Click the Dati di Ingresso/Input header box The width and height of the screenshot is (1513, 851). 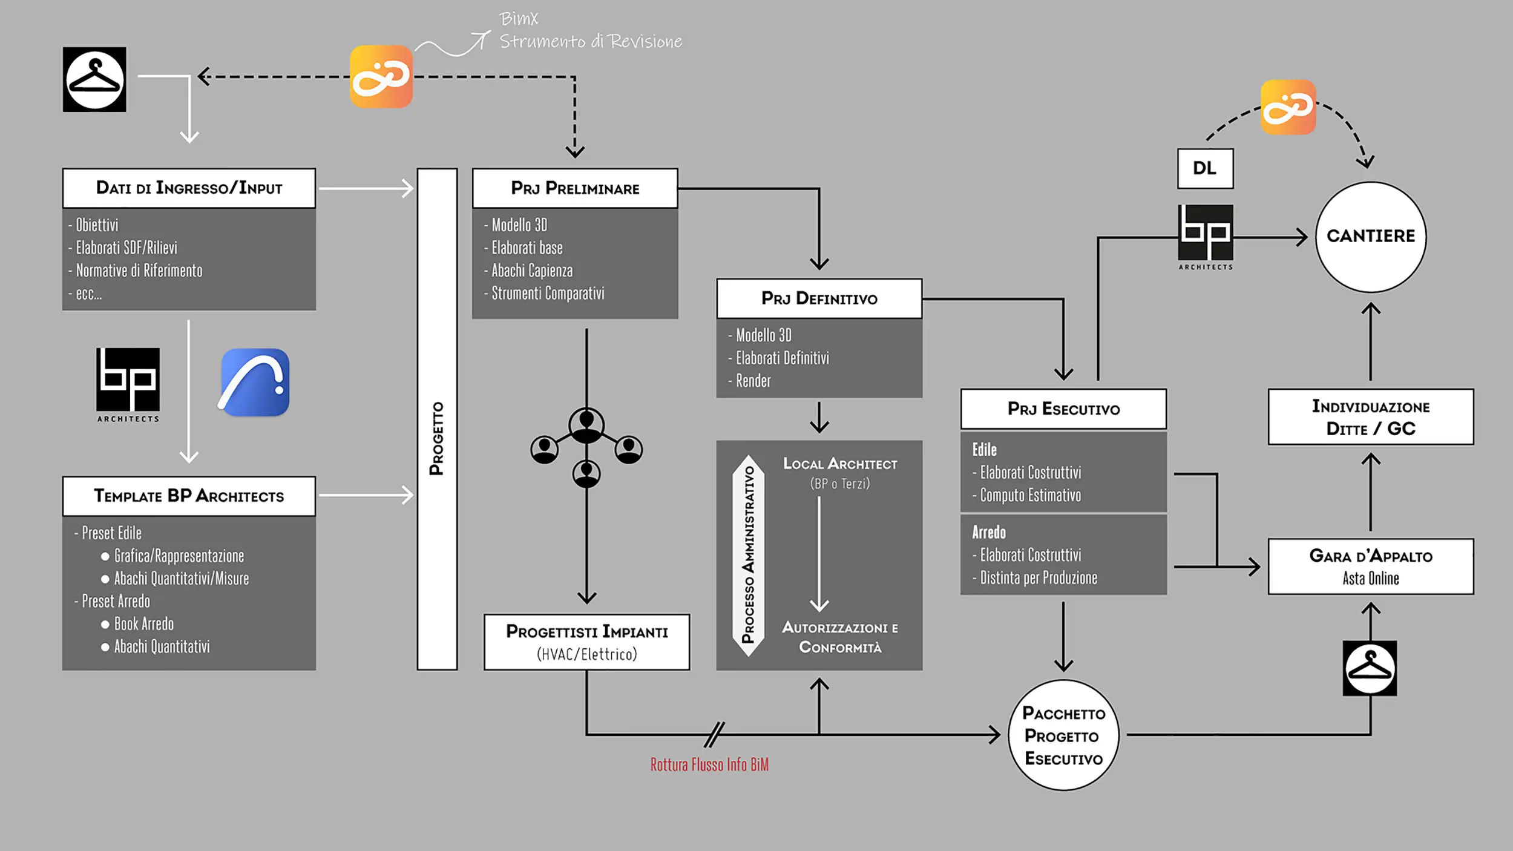[x=189, y=188]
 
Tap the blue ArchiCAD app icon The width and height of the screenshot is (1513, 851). [x=255, y=382]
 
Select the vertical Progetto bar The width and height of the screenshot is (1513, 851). [x=437, y=419]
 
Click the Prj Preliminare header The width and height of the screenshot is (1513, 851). [x=575, y=188]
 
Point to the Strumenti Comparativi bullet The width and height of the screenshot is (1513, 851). [x=547, y=294]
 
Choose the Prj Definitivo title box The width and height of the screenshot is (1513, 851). [x=819, y=298]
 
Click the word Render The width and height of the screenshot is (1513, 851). [x=753, y=381]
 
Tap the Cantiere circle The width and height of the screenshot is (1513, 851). [x=1371, y=237]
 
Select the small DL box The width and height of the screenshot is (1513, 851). [x=1205, y=168]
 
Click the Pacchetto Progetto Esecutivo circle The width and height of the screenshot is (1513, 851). [x=1063, y=735]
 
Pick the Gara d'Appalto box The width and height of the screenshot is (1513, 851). [x=1371, y=567]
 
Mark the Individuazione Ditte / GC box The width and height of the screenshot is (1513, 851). [x=1371, y=417]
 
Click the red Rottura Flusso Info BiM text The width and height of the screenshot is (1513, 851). [x=709, y=765]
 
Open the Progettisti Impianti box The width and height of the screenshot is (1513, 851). [x=586, y=642]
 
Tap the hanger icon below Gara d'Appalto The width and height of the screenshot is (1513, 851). [x=1370, y=668]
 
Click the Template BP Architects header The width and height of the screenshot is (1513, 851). [x=189, y=496]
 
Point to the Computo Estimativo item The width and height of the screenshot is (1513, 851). [x=1030, y=496]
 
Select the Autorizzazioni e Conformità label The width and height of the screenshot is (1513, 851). [x=840, y=637]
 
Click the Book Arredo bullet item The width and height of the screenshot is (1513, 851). [x=143, y=624]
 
